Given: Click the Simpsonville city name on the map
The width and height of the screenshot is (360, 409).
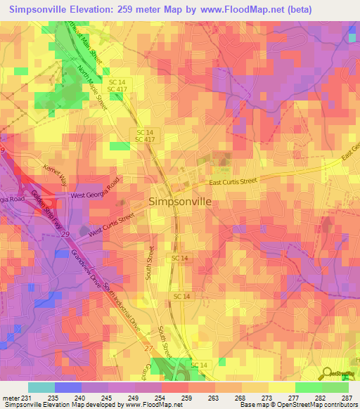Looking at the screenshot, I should click(x=180, y=201).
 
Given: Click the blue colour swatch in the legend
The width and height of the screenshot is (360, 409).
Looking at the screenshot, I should click(x=68, y=387).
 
